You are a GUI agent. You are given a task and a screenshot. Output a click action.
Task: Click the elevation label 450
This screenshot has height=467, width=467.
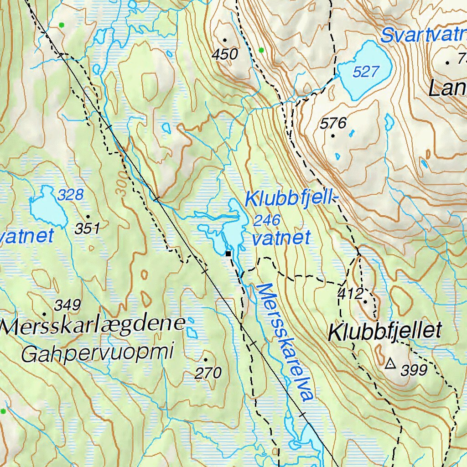tap(225, 55)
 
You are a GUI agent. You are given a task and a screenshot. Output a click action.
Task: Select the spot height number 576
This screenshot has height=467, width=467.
tap(333, 123)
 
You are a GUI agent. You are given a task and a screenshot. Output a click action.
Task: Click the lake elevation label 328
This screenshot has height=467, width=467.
tap(71, 195)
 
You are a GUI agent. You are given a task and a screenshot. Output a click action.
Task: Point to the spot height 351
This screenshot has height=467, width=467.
tap(87, 228)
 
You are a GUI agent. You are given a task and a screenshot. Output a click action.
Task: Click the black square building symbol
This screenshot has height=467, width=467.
tap(228, 253)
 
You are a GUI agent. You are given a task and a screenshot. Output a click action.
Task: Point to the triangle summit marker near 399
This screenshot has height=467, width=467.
tap(390, 363)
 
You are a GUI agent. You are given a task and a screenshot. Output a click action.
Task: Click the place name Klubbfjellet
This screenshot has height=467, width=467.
tap(385, 332)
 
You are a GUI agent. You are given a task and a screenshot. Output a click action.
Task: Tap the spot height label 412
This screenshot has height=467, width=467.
tap(350, 293)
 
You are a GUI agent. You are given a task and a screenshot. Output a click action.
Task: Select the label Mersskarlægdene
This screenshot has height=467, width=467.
tap(93, 326)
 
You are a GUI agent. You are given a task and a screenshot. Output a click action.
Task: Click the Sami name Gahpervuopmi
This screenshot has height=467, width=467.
tap(98, 353)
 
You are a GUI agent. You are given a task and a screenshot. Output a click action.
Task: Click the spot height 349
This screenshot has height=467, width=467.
tap(67, 305)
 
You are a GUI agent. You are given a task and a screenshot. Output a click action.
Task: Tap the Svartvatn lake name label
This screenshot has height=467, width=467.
tap(422, 35)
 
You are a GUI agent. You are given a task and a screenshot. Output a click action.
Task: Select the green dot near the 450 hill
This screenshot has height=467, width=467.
tap(261, 50)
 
